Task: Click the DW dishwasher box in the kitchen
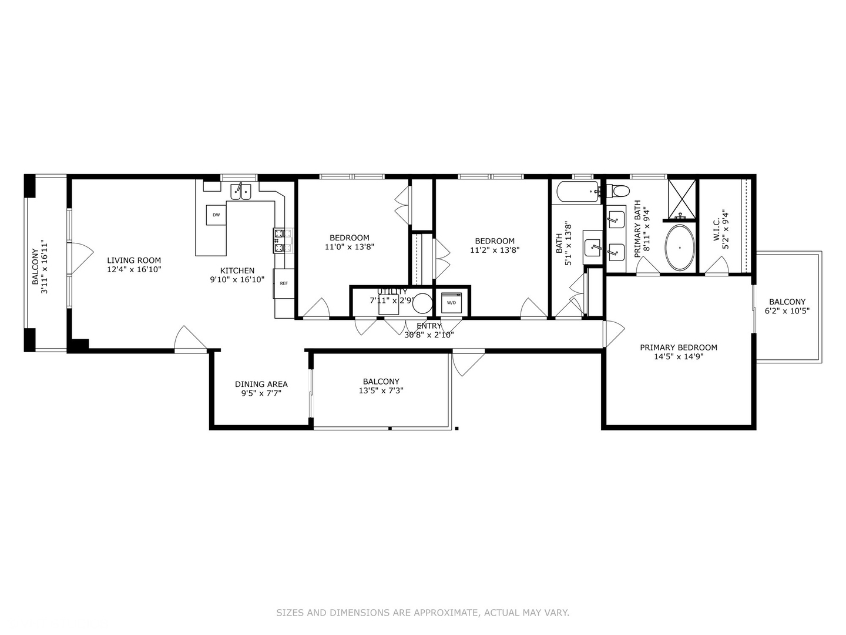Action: click(216, 215)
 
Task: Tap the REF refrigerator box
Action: click(284, 283)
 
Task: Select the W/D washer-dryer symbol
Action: click(451, 302)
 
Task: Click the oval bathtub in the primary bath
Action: click(679, 248)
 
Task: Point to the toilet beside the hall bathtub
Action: click(617, 190)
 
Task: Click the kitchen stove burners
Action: click(279, 240)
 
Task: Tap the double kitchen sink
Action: click(240, 190)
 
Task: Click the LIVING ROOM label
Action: click(134, 260)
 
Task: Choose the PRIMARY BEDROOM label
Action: click(679, 347)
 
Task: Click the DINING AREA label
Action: click(261, 385)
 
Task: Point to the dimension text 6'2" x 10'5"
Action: click(787, 311)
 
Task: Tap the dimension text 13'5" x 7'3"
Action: click(381, 390)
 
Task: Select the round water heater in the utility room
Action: click(422, 303)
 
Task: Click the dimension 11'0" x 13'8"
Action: click(350, 247)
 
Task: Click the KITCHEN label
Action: click(237, 271)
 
